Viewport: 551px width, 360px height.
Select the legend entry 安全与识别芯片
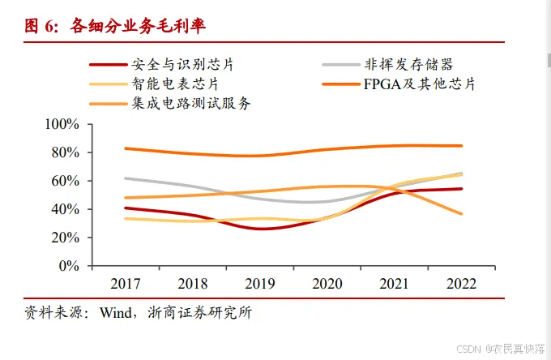pos(182,65)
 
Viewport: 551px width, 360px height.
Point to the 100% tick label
pos(62,124)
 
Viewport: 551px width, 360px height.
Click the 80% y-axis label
pos(66,152)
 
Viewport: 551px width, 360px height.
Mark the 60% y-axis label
pos(66,181)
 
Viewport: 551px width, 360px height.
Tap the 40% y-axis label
pos(66,209)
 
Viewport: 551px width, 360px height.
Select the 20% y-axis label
pos(66,238)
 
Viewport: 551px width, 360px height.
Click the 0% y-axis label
pos(69,266)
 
